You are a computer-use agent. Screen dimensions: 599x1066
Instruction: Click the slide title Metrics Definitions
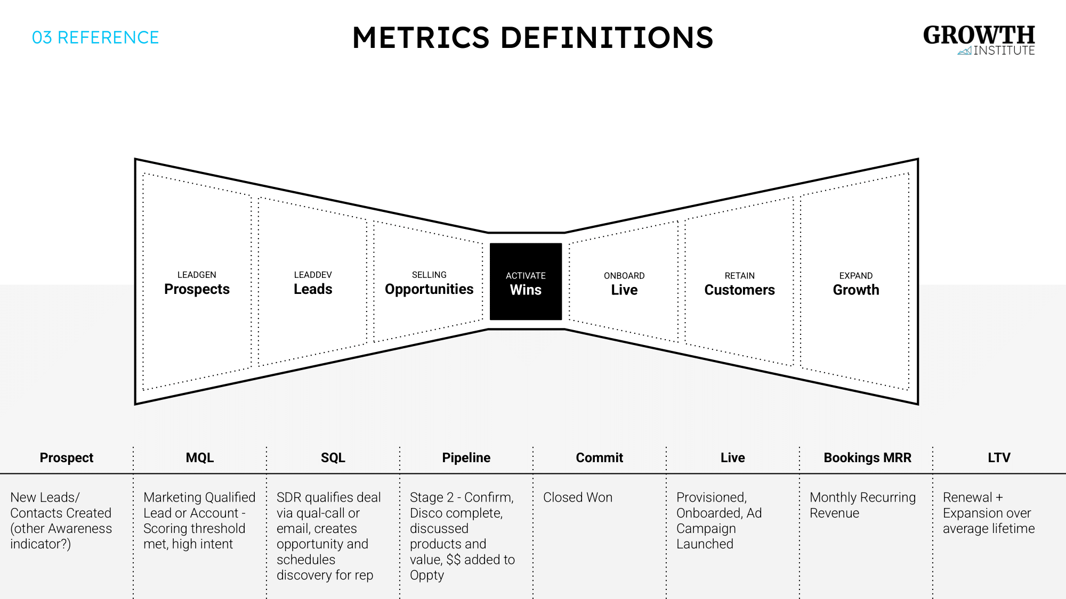(532, 38)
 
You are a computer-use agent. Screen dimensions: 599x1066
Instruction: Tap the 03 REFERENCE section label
(95, 38)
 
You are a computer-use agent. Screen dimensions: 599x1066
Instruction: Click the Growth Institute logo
(979, 40)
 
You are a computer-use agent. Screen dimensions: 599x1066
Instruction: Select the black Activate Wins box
(526, 282)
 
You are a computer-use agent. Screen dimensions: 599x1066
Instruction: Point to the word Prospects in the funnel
(197, 289)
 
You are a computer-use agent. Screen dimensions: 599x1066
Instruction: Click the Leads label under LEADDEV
(313, 289)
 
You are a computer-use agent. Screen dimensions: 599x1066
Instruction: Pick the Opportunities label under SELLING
(429, 289)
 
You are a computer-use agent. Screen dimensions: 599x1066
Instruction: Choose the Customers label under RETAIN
(739, 290)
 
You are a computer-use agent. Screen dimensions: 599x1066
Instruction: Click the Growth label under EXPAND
(856, 290)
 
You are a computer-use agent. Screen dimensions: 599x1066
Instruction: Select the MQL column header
(200, 458)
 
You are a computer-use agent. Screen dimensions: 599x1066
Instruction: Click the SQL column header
(333, 458)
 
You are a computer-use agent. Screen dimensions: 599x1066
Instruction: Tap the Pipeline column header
(466, 458)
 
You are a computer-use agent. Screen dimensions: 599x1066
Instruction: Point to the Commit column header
(600, 458)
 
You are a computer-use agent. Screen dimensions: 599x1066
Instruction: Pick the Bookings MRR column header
(867, 458)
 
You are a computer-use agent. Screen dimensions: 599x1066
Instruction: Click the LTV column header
(999, 458)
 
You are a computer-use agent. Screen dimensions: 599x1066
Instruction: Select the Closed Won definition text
(578, 497)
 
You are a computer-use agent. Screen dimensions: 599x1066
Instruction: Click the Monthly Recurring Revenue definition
(862, 505)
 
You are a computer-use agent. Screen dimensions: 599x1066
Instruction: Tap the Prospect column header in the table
(67, 458)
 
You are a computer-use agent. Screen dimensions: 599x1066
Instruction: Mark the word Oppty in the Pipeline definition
(427, 576)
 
